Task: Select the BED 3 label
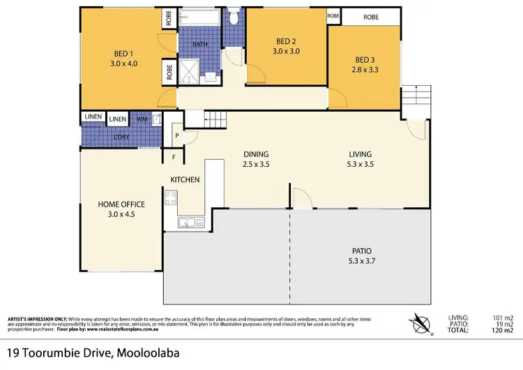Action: (x=364, y=59)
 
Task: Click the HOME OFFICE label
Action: (x=121, y=204)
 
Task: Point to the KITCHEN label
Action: (x=185, y=179)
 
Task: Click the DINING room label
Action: (x=256, y=154)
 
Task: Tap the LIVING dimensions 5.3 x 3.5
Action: (x=361, y=165)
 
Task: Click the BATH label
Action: (x=200, y=45)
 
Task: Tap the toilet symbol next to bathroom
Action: (x=234, y=15)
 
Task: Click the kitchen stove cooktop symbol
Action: (x=172, y=199)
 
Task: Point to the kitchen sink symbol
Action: (x=187, y=223)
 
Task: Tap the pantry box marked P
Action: (x=176, y=135)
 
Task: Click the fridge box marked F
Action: (x=171, y=157)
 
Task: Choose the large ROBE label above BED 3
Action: (x=371, y=16)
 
